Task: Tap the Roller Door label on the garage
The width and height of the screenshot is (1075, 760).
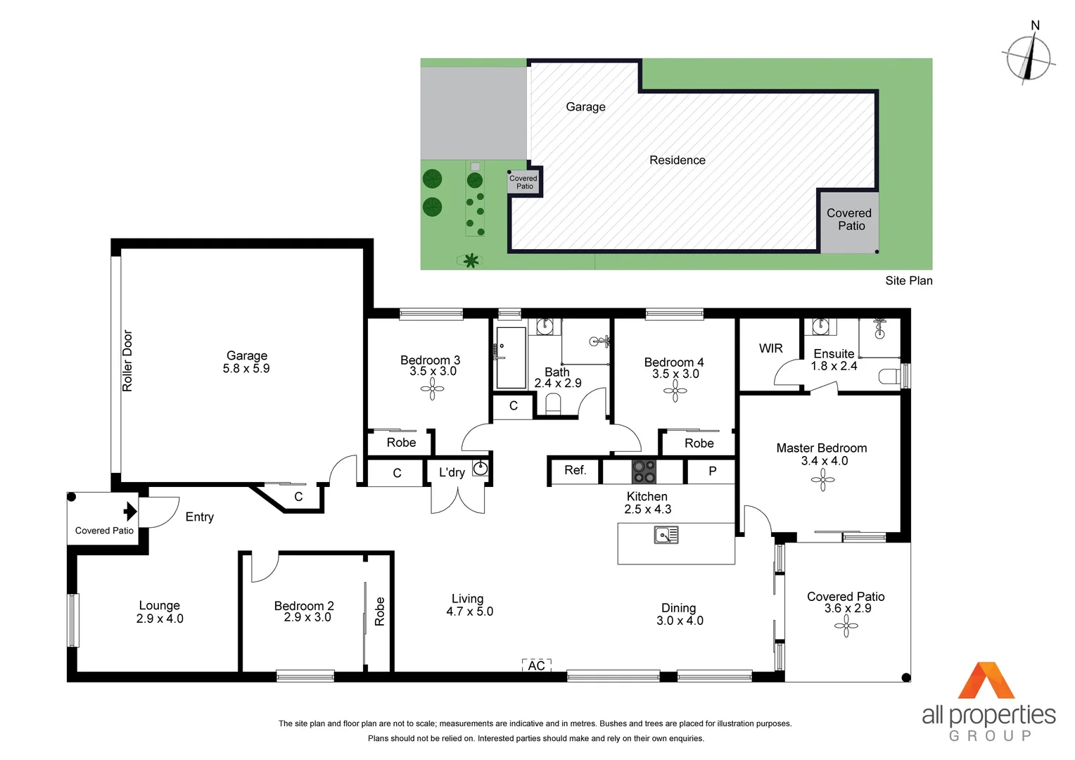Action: pos(127,360)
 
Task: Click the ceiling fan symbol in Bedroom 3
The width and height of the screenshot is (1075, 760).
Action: pos(432,389)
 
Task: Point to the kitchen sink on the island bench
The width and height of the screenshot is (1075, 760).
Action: pos(666,536)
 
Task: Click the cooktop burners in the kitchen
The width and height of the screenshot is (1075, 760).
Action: pos(643,471)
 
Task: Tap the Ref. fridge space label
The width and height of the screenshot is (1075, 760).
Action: pos(575,470)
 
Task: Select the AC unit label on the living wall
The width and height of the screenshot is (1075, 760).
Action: pos(536,666)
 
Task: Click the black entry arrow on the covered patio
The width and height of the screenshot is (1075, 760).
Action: pos(130,511)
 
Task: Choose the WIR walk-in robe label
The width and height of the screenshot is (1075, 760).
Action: pos(770,348)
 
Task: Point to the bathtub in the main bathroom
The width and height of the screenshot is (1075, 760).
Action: pos(511,357)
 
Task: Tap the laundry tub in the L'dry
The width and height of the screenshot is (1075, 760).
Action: pos(481,468)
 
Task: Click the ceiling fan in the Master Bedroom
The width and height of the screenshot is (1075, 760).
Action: pos(822,481)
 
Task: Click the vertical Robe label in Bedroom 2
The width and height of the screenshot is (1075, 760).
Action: pos(380,611)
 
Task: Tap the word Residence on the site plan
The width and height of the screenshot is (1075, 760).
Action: pos(677,160)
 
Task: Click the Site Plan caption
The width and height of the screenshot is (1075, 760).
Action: pos(908,281)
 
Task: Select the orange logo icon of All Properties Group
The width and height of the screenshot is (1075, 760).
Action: pos(986,680)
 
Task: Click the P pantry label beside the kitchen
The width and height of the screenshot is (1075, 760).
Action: pos(712,471)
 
